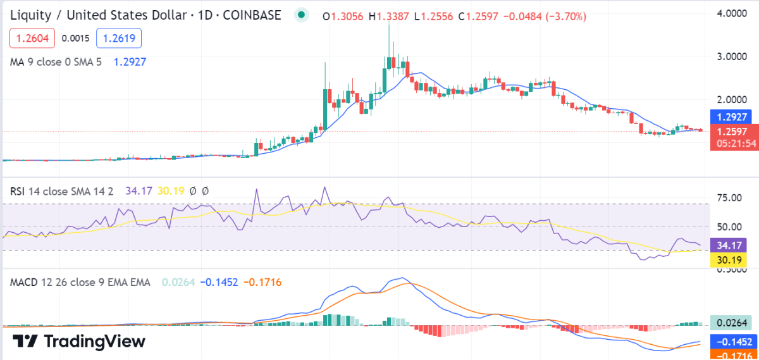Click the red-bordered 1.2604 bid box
[x=32, y=39]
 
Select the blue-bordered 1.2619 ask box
[x=119, y=39]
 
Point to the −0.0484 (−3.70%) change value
[x=545, y=16]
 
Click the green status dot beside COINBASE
[x=302, y=15]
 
